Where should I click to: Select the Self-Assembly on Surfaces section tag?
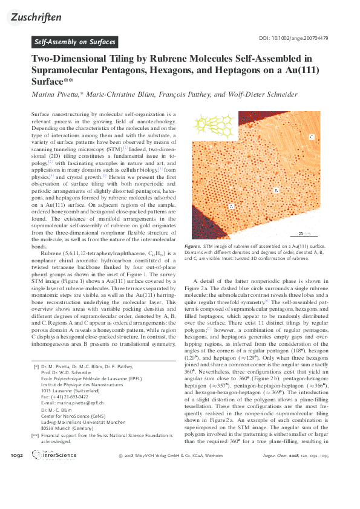74,42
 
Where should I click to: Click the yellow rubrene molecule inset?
209,126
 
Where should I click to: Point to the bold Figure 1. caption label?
209,247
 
